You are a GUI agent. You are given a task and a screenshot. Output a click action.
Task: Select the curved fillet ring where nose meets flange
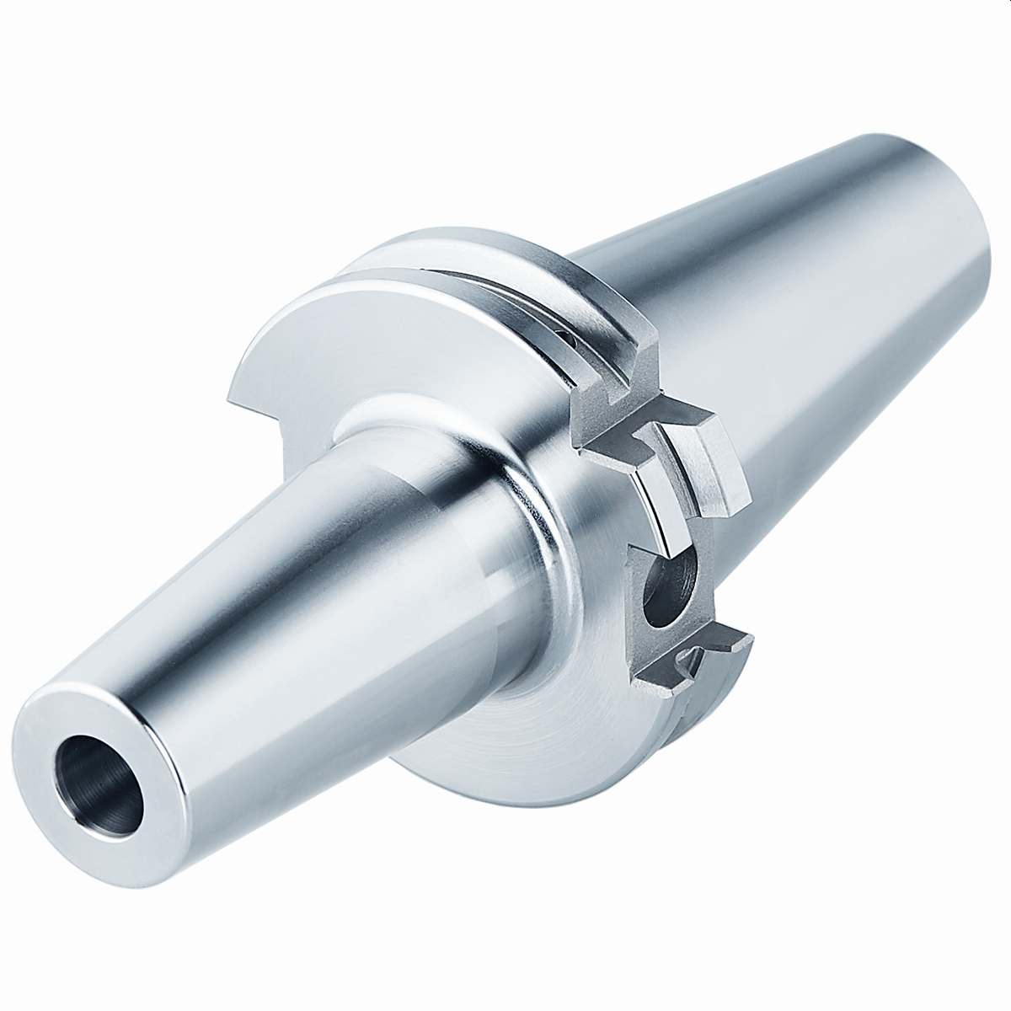point(539,539)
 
